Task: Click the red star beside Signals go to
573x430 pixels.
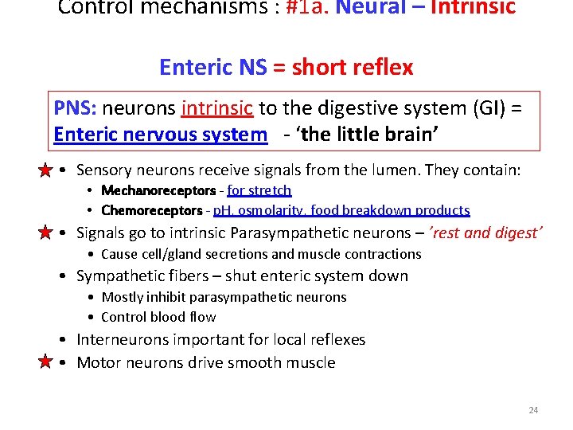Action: pos(47,233)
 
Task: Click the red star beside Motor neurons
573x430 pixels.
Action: pos(47,362)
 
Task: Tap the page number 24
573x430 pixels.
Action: pos(533,410)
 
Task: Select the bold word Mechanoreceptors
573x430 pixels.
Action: pos(158,190)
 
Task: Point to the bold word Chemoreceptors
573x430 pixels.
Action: pos(152,210)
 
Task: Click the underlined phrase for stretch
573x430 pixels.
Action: pos(259,190)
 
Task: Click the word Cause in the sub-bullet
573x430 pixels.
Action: pos(119,254)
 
